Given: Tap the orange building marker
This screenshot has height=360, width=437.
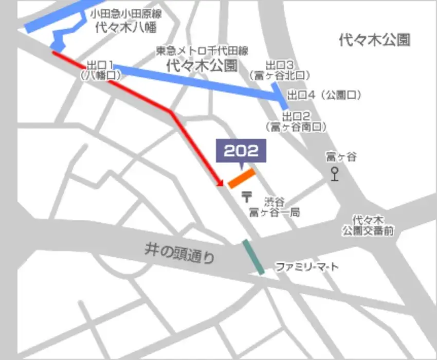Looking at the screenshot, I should (242, 178).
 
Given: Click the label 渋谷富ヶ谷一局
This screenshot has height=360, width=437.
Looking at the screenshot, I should (274, 207).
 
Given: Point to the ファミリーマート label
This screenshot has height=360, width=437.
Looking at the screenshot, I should (307, 267).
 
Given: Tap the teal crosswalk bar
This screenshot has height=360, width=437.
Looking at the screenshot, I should (254, 257).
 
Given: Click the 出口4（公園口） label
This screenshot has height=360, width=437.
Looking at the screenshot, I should (324, 95).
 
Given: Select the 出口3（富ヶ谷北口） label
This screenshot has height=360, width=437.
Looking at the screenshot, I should (279, 70).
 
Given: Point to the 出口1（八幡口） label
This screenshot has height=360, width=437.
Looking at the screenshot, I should (100, 70).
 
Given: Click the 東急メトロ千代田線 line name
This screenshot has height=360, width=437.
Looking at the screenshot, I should (202, 51).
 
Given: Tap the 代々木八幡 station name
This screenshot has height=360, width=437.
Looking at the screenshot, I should (125, 28).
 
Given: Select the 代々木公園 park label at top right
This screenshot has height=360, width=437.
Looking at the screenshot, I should (374, 40).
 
